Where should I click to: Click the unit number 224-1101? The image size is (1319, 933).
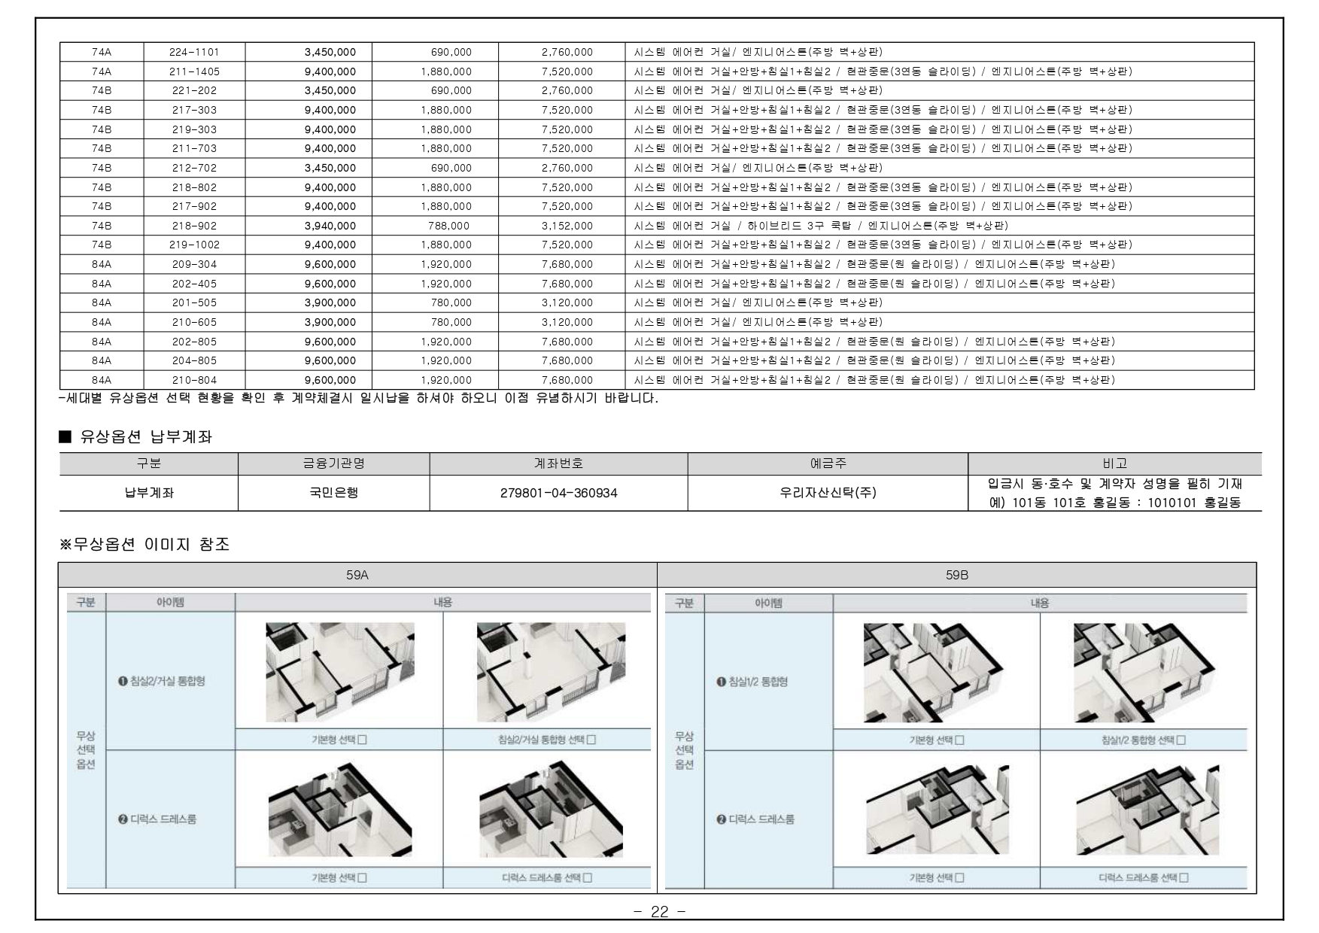tap(194, 52)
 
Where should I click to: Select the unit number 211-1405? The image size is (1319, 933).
tap(194, 71)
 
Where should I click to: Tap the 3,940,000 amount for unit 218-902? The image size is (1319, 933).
tap(330, 226)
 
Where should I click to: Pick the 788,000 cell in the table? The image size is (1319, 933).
tap(448, 226)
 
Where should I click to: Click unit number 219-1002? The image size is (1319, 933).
tap(194, 245)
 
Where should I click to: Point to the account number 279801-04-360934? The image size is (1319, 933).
tap(559, 494)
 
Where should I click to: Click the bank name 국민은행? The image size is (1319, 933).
tap(333, 494)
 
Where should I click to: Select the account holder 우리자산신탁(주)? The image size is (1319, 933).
tap(828, 494)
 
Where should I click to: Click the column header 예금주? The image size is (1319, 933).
tap(828, 463)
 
